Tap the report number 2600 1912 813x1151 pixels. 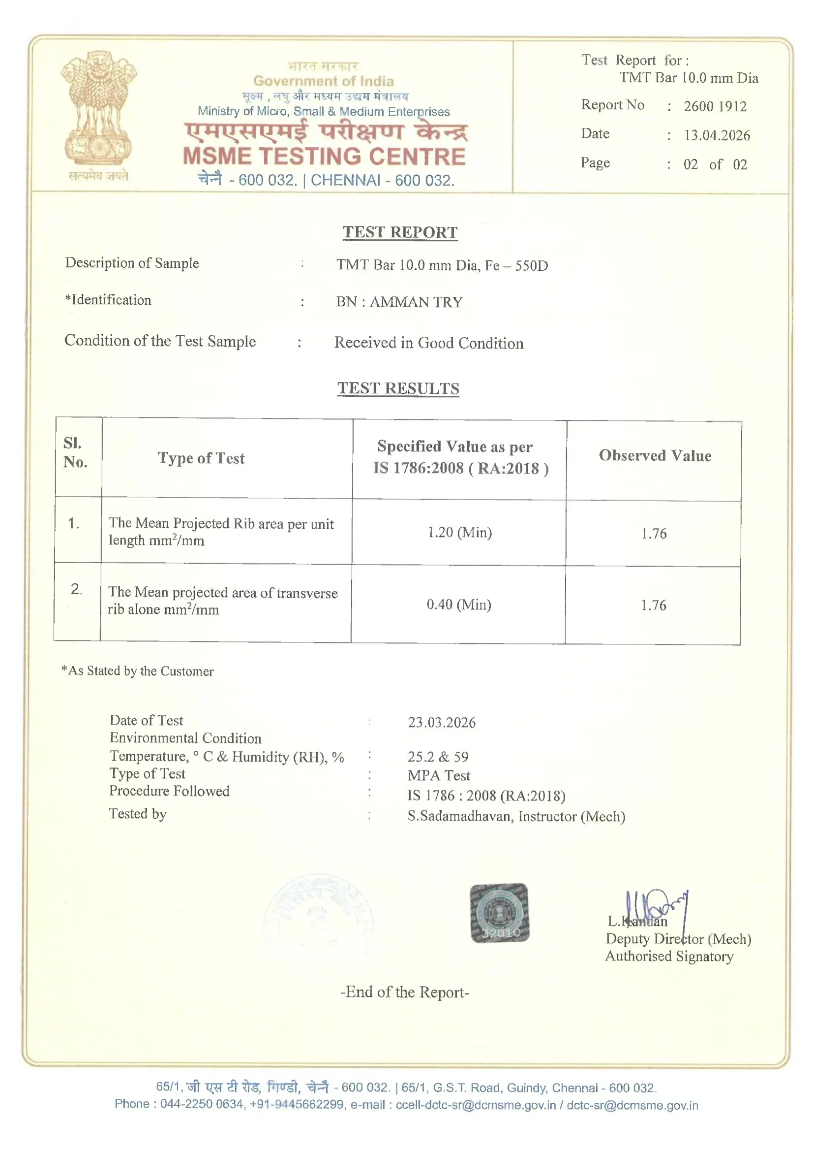(715, 106)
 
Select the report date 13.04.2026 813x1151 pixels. (717, 135)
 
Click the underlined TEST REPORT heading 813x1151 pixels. (400, 232)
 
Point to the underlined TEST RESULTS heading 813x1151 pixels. (398, 388)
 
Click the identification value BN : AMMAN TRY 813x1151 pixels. (399, 302)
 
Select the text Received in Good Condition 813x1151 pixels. (429, 343)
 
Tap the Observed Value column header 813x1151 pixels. (655, 456)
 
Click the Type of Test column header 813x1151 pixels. (201, 458)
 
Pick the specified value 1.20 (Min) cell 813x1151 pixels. (459, 532)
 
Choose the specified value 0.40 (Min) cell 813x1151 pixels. (459, 605)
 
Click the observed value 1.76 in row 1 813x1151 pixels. (654, 533)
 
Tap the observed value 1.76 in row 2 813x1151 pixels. (653, 606)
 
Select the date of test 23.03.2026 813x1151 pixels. (441, 722)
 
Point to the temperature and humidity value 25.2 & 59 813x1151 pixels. (438, 757)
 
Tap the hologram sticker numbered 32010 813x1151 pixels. (499, 913)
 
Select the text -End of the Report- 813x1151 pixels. (405, 992)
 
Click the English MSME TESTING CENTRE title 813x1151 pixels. (324, 157)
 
